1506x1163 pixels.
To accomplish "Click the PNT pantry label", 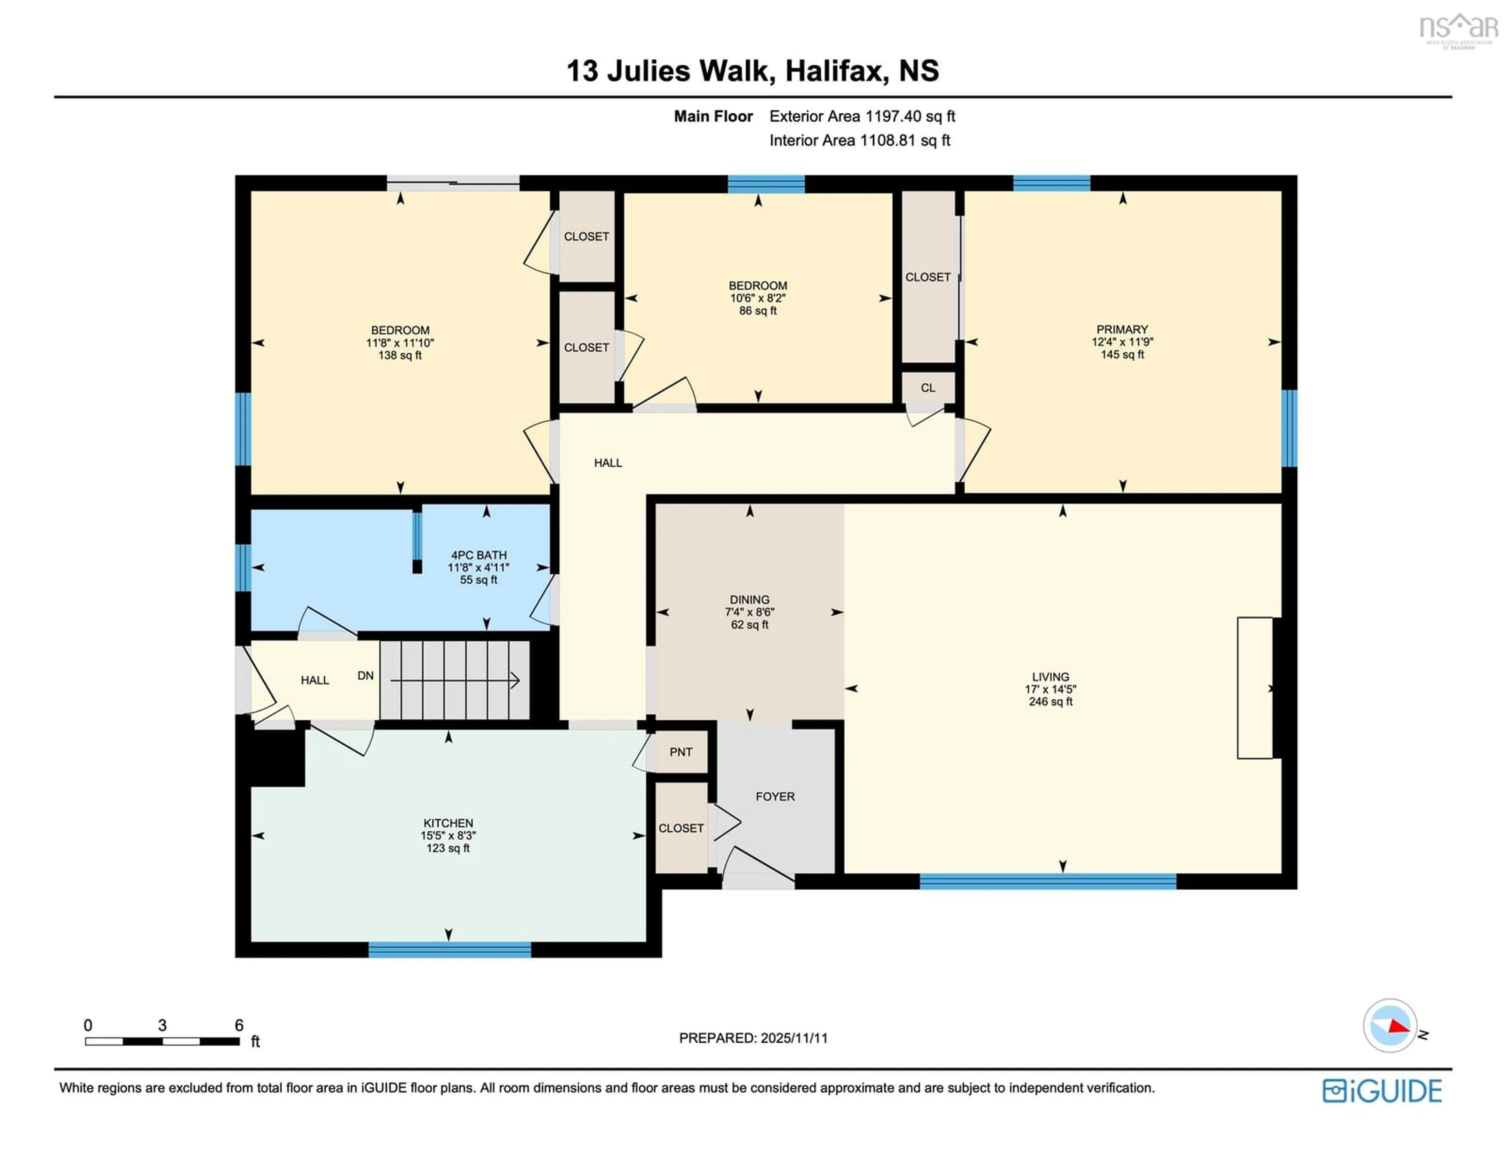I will click(680, 752).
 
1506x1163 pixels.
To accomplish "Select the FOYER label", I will click(775, 796).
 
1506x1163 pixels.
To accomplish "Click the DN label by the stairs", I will click(366, 676).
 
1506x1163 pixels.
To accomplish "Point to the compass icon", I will click(1390, 1025).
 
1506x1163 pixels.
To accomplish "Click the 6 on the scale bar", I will click(238, 1025).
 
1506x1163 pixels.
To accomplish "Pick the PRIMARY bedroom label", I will click(1122, 329).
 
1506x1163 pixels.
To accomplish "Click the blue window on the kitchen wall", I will click(449, 950).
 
